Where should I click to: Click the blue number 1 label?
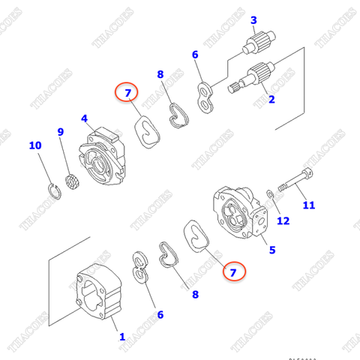pyautogui.click(x=122, y=337)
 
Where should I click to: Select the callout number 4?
pyautogui.click(x=85, y=118)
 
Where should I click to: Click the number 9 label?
pyautogui.click(x=61, y=133)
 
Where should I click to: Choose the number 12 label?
pyautogui.click(x=283, y=220)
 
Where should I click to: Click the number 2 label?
pyautogui.click(x=271, y=98)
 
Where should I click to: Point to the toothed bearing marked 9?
pyautogui.click(x=71, y=181)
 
